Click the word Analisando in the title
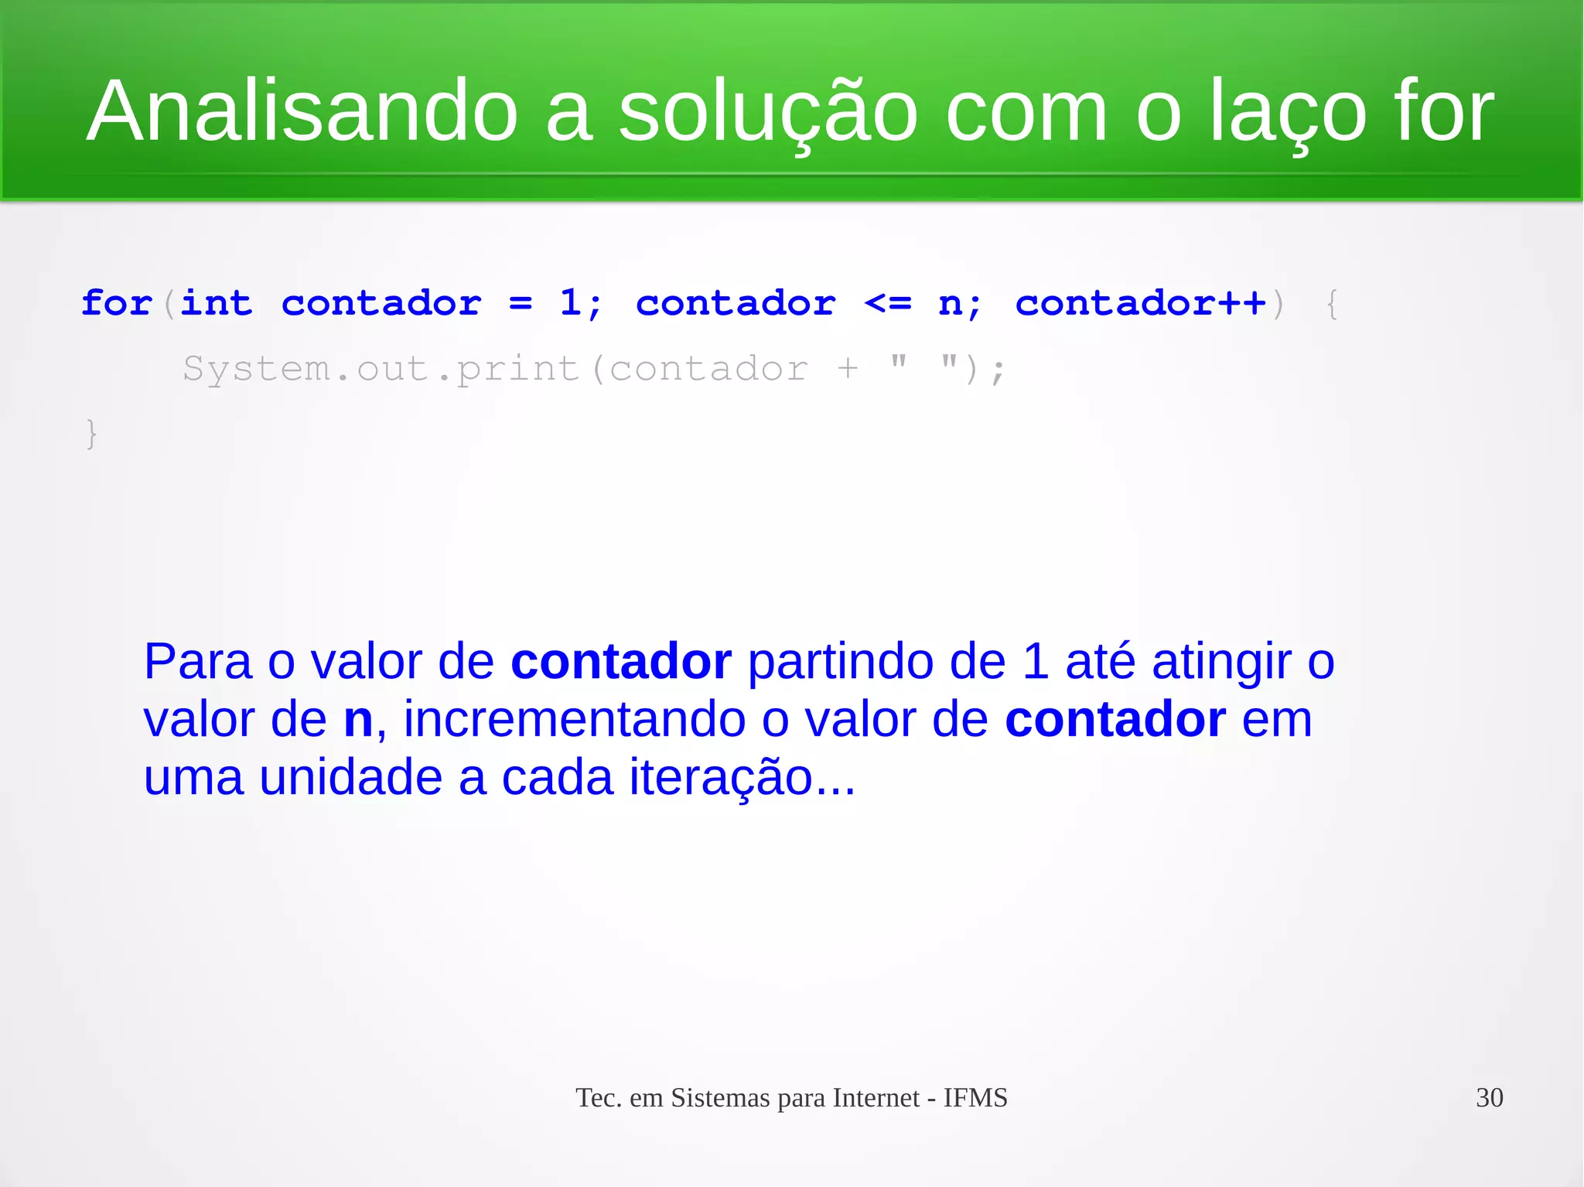(302, 111)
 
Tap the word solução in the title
(767, 113)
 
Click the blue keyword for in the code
(116, 303)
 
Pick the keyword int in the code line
(217, 303)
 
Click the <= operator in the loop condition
(888, 303)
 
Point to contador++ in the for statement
(1140, 303)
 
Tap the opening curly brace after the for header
(1332, 303)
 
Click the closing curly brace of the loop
(91, 433)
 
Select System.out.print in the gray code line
(381, 369)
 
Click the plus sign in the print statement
(848, 369)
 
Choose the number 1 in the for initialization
(570, 303)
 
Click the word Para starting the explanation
(198, 662)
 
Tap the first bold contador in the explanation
(620, 662)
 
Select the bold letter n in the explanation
(358, 720)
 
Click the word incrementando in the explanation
(574, 720)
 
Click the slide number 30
(1489, 1098)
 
